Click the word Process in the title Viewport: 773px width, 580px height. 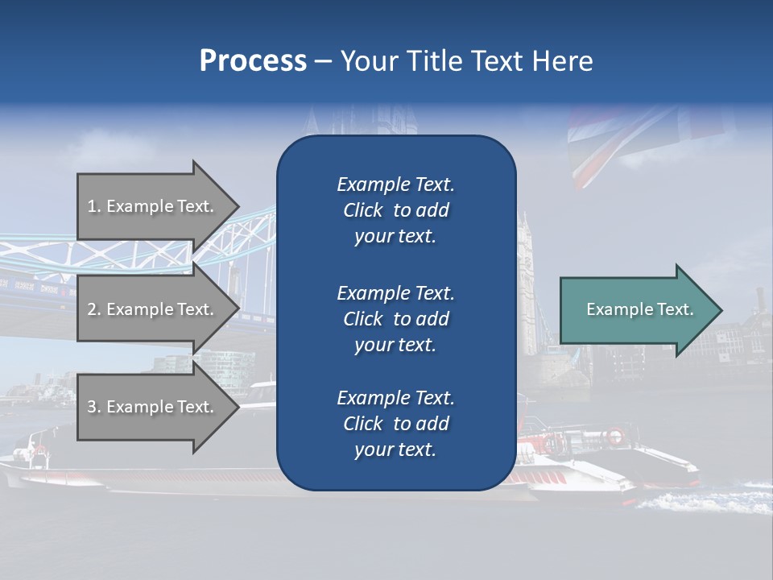tap(253, 60)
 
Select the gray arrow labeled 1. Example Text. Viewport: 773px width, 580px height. tap(153, 206)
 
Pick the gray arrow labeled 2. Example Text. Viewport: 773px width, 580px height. tap(153, 309)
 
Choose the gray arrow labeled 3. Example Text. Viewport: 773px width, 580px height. tap(153, 407)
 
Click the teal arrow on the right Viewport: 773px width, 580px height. tap(636, 309)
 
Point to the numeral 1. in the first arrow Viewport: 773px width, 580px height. tap(93, 206)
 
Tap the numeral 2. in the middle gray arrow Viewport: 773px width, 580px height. tap(93, 309)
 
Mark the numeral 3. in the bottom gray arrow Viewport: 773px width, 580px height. tap(93, 407)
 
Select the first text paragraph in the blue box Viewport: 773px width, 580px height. tap(395, 210)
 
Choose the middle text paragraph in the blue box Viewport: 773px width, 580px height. tap(395, 318)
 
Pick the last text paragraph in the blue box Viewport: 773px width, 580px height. tap(395, 424)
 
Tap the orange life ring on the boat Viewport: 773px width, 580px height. tap(614, 437)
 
